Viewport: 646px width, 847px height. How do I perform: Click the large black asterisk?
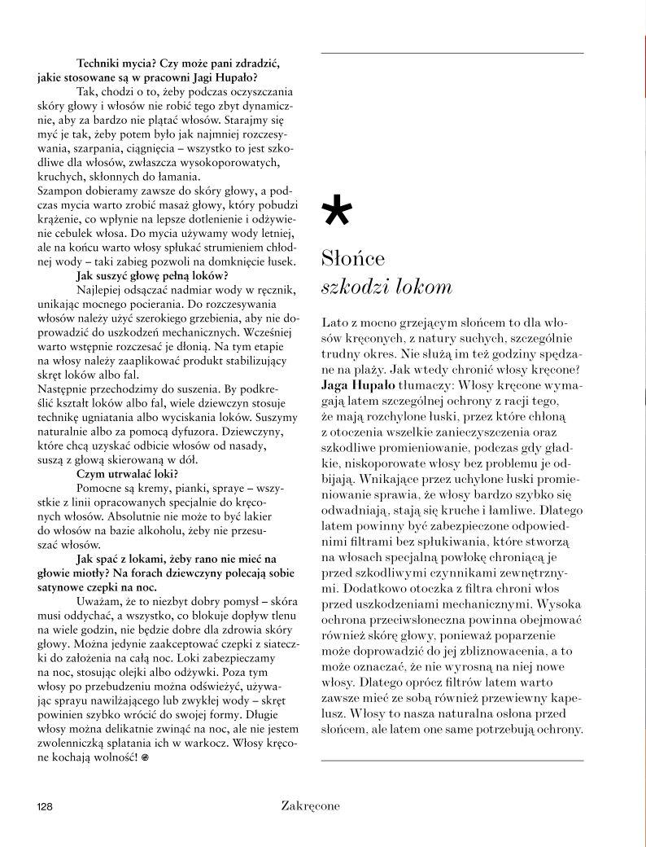tap(338, 214)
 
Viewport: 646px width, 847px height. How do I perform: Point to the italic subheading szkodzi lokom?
tap(386, 288)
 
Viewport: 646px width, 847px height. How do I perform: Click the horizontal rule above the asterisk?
tap(452, 53)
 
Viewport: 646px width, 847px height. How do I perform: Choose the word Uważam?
tap(98, 601)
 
